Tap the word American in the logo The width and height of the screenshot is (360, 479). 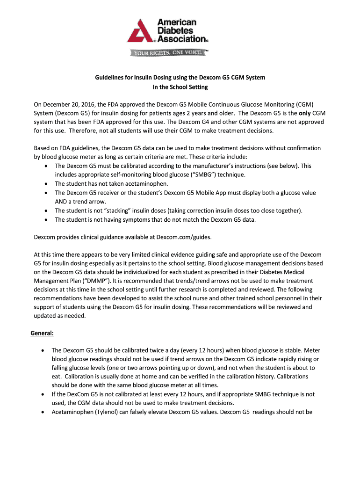176,22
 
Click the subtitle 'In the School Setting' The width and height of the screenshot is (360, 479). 180,87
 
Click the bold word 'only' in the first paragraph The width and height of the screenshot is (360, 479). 305,113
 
